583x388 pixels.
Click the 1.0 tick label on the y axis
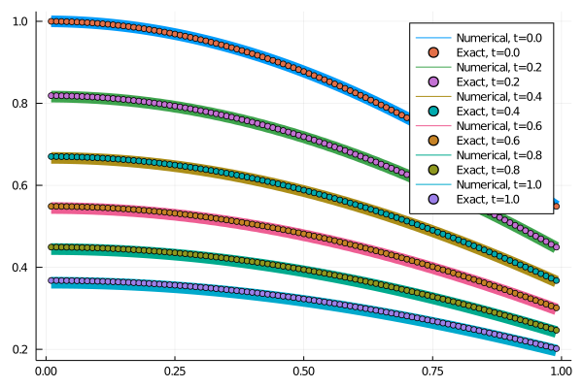[20, 20]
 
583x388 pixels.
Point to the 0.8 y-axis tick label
[20, 103]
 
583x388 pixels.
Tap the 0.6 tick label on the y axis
[20, 185]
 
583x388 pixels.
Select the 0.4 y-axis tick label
[20, 267]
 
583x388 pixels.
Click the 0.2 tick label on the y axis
[20, 349]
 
